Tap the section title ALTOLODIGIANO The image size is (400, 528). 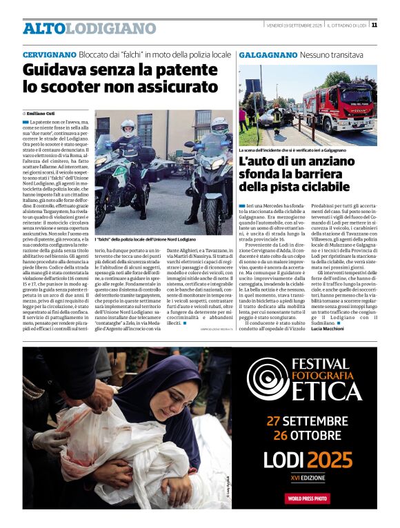(89, 29)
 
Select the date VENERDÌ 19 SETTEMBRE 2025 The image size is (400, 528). (294, 26)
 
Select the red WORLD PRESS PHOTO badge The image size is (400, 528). (308, 498)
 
